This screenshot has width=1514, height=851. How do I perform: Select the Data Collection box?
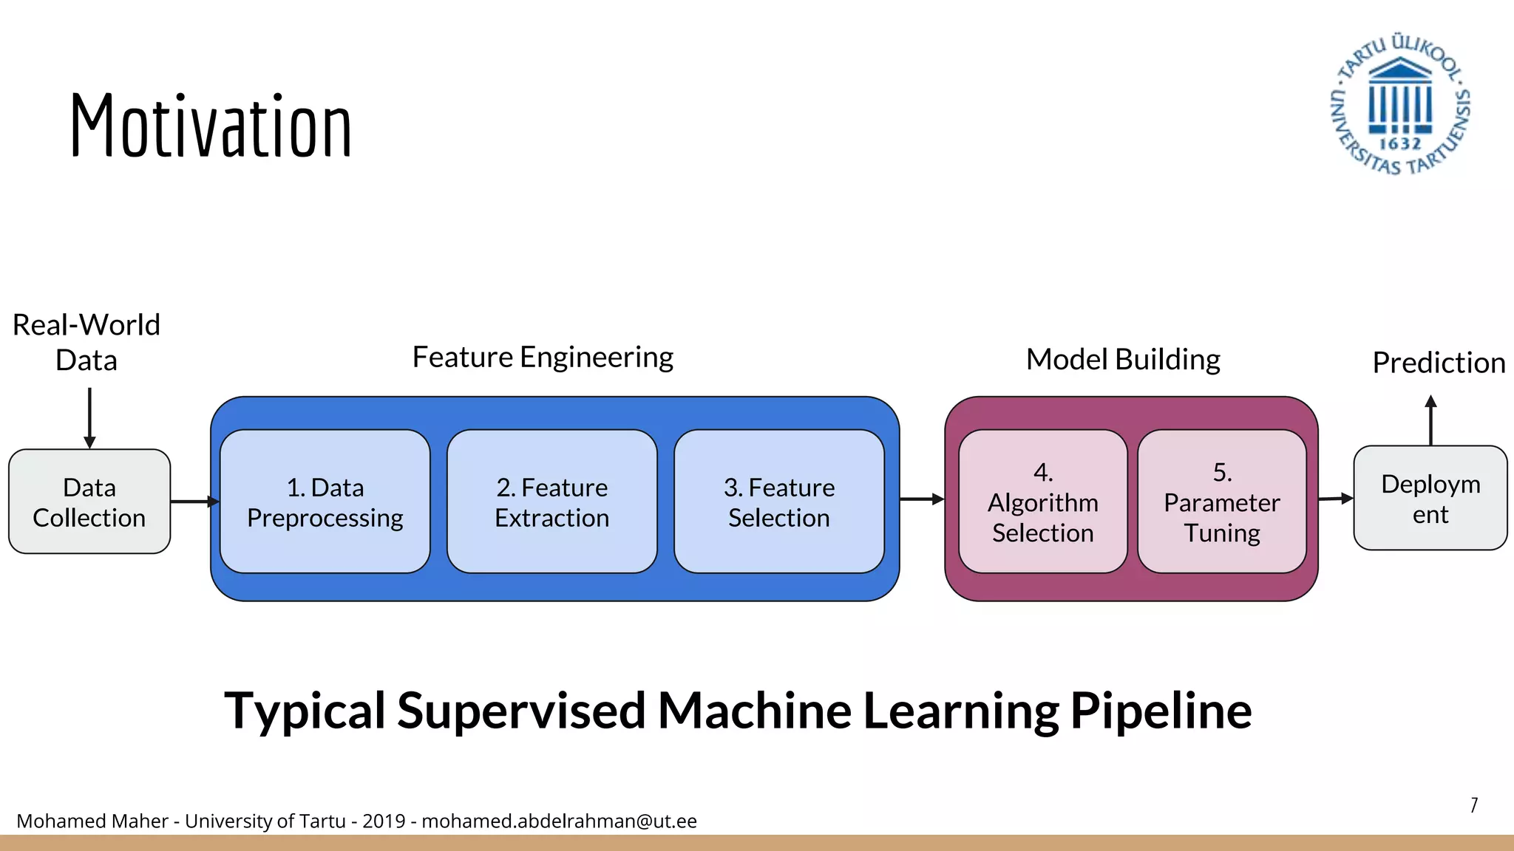[89, 502]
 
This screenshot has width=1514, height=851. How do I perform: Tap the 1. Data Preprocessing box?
[325, 502]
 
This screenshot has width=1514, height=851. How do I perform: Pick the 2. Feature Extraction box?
[551, 502]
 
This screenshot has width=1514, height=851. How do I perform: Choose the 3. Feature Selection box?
[778, 502]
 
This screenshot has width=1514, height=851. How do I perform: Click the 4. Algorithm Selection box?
[1042, 502]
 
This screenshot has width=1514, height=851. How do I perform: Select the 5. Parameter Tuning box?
[1221, 502]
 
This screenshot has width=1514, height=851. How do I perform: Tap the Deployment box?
[1430, 498]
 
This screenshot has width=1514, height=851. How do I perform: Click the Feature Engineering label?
[543, 358]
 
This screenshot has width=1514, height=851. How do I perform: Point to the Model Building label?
[1122, 360]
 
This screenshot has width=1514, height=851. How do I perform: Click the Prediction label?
[1438, 363]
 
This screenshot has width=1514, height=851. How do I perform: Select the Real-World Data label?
[86, 342]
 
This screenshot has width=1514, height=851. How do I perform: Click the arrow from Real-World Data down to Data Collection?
[89, 418]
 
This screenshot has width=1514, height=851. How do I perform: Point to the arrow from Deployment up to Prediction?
[1430, 421]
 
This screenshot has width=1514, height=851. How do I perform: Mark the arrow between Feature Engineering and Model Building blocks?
[921, 499]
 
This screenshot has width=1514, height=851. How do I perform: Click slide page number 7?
[1473, 804]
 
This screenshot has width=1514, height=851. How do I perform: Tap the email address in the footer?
[559, 821]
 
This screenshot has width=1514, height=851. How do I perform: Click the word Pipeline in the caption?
[1161, 711]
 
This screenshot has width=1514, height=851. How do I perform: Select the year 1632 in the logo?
[1399, 143]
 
